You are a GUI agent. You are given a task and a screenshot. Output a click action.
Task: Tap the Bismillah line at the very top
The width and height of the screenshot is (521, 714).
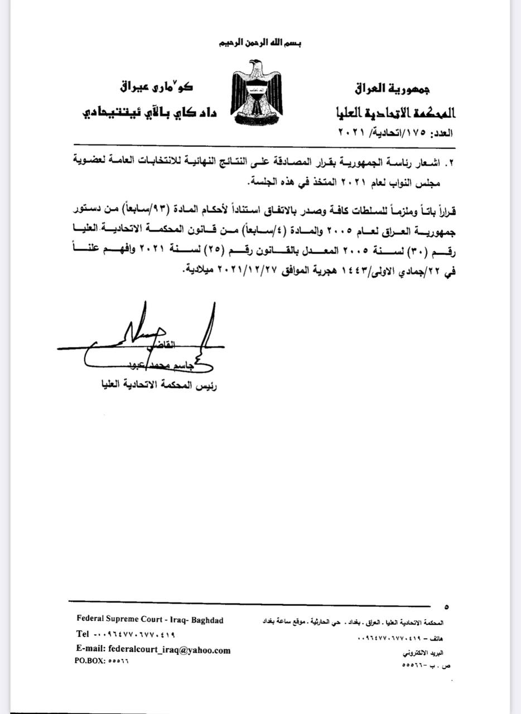[258, 44]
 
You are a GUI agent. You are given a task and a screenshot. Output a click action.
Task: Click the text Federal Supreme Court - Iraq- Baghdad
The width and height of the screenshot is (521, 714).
[150, 620]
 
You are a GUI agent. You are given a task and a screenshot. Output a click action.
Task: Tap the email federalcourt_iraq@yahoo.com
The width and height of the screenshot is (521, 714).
[153, 650]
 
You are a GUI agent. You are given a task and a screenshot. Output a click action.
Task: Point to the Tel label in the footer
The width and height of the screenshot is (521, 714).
[83, 634]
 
